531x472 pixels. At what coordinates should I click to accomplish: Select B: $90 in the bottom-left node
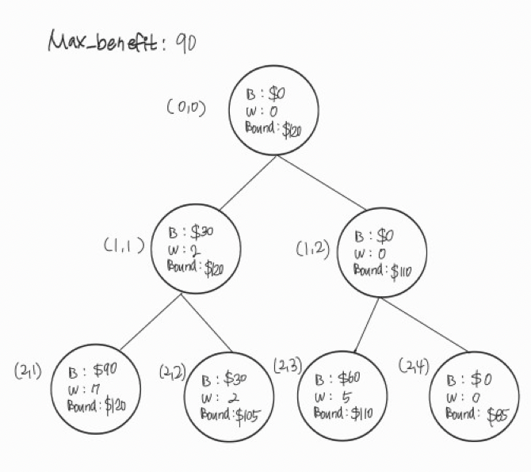(x=95, y=371)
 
